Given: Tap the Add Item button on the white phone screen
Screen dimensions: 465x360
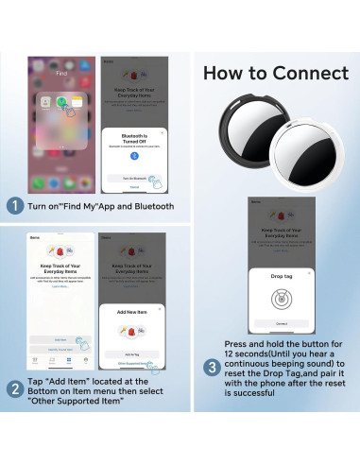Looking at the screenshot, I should point(60,337).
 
